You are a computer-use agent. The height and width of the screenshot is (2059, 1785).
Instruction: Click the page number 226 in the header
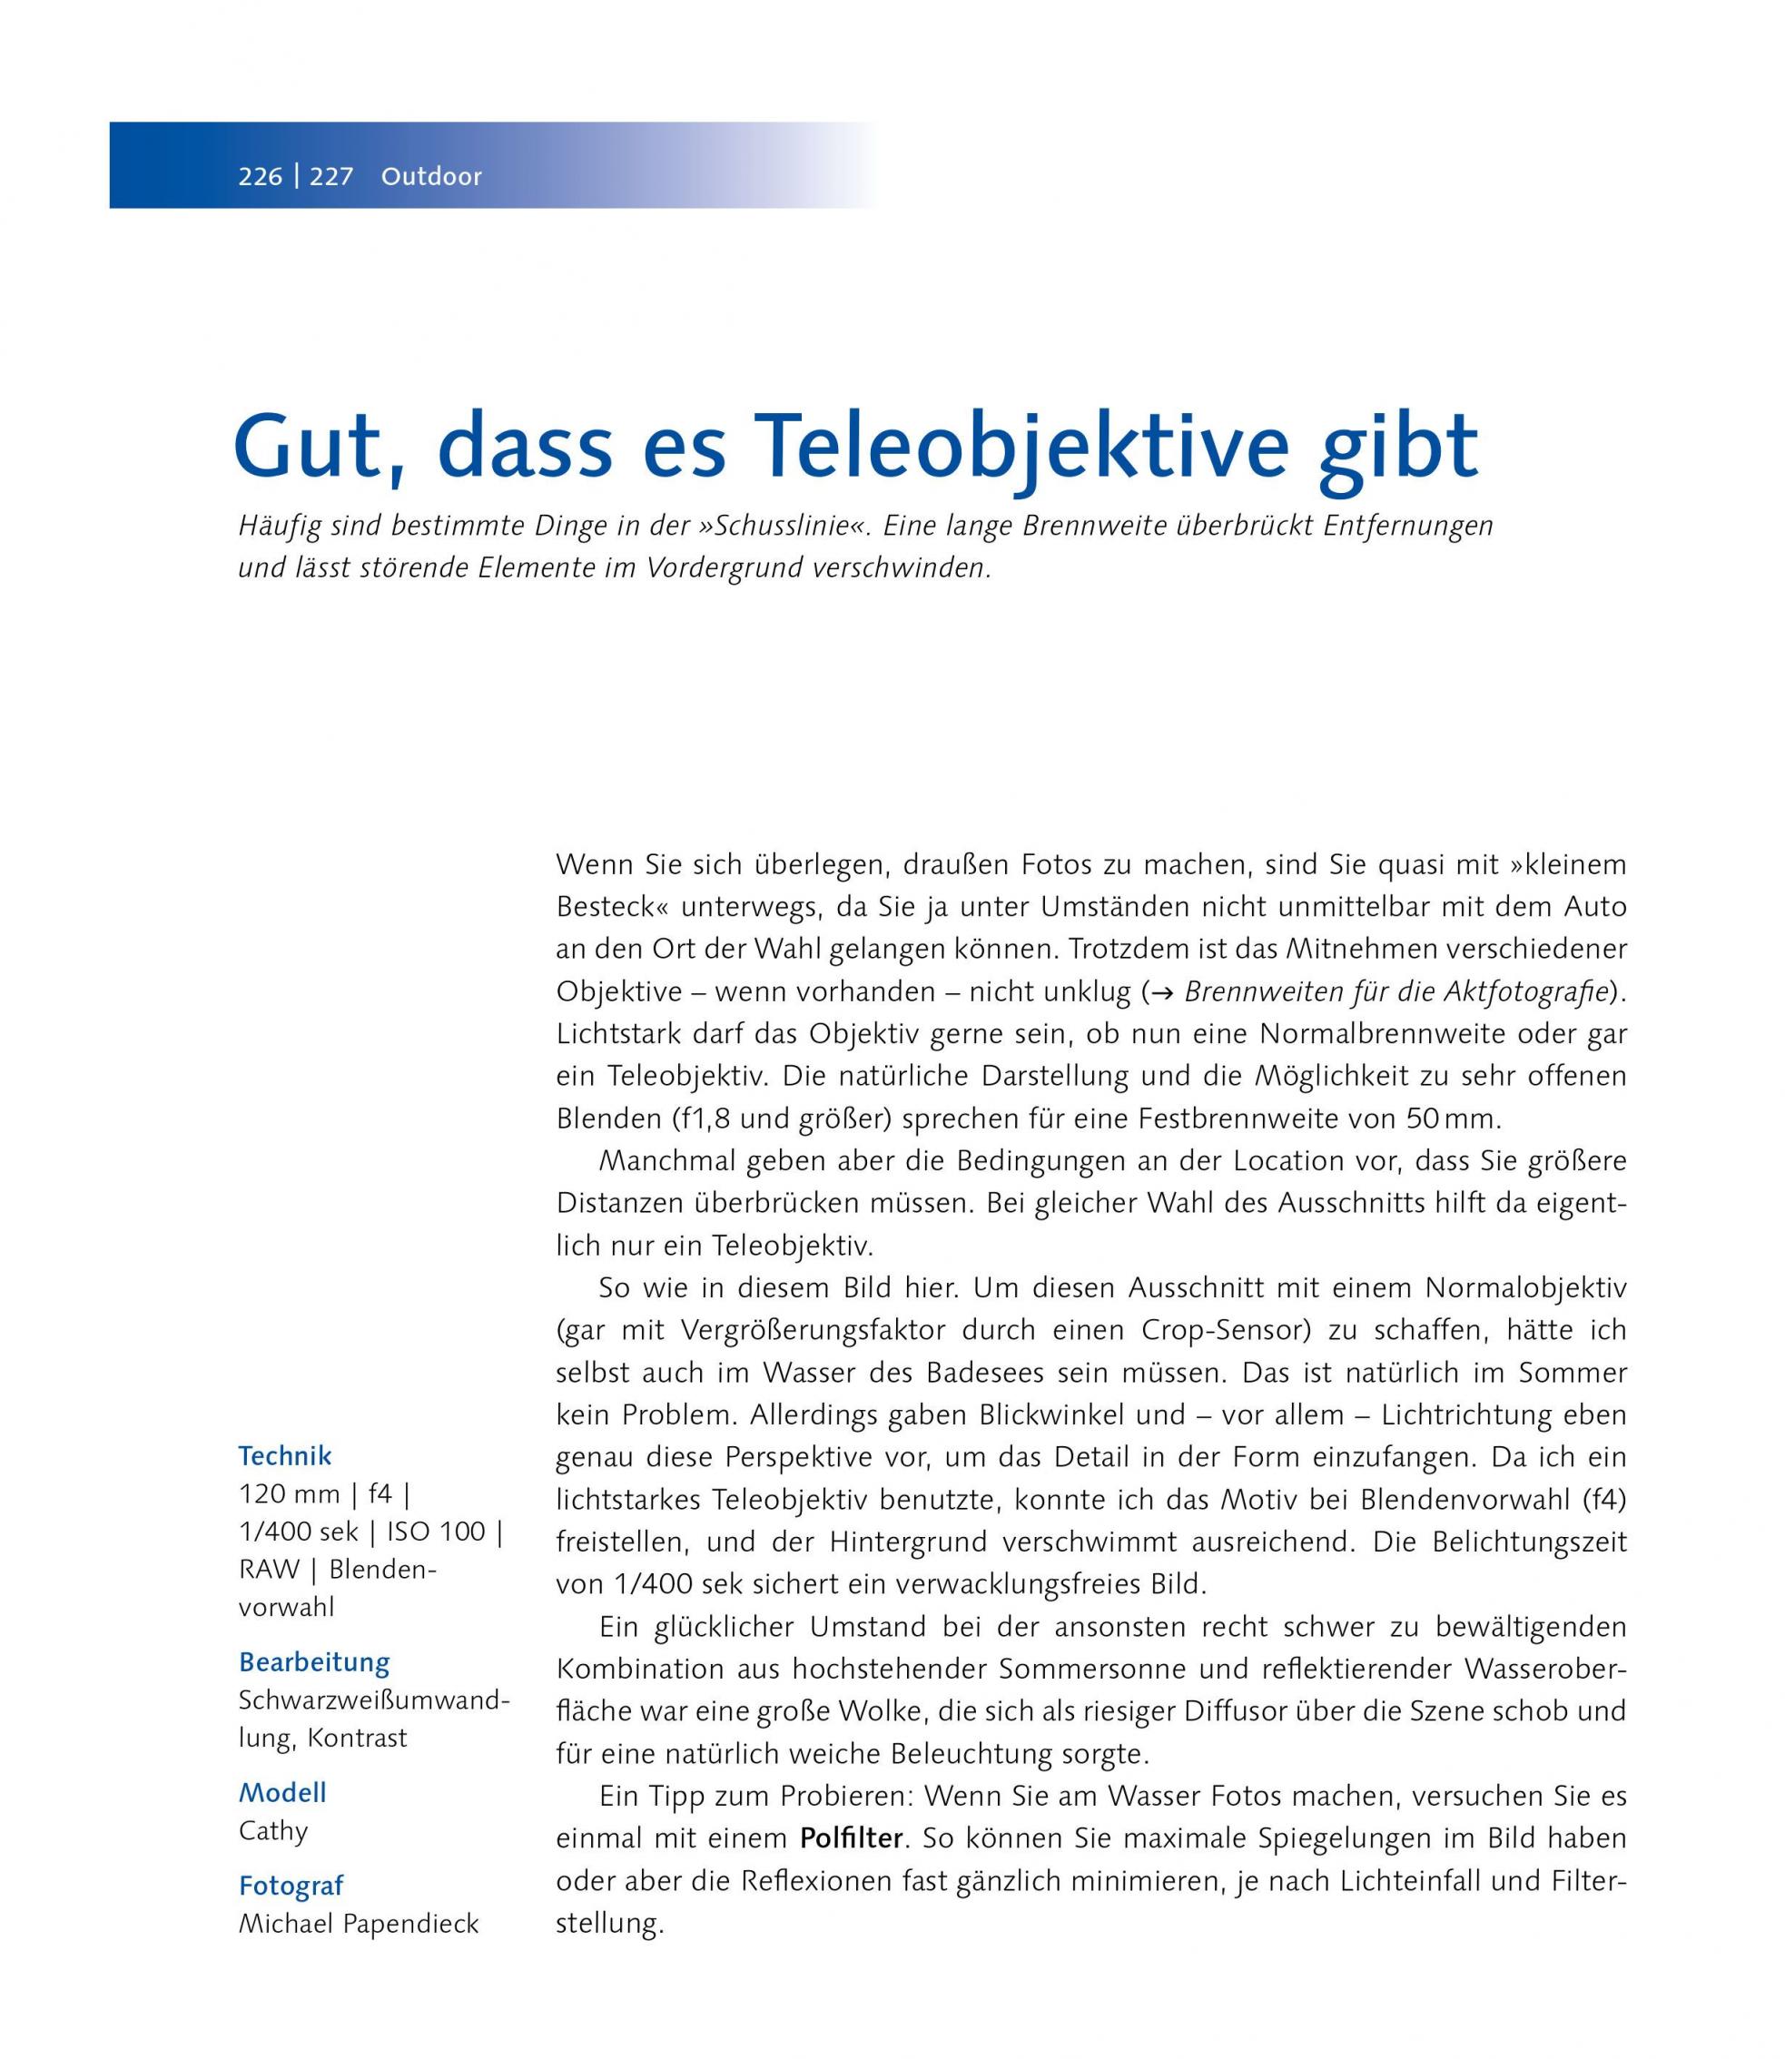(x=260, y=177)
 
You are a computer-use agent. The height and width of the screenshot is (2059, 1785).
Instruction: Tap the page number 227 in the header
(x=331, y=177)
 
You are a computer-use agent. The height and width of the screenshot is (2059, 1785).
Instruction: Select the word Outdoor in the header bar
(x=431, y=177)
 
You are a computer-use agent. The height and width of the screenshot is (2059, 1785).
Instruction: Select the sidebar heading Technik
(x=285, y=1456)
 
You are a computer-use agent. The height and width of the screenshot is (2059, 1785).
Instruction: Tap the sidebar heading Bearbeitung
(x=314, y=1662)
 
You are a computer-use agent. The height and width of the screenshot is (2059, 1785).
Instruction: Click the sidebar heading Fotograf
(x=291, y=1886)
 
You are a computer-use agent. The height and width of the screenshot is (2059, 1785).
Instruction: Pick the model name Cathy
(x=273, y=1831)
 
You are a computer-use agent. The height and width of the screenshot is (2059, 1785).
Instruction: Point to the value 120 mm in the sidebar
(x=289, y=1495)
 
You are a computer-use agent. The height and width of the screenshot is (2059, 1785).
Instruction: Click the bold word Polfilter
(x=852, y=1839)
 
